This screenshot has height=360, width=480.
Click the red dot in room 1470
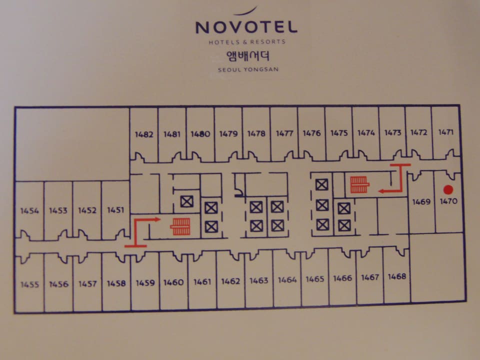point(448,189)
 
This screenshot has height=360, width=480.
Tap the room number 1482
point(144,134)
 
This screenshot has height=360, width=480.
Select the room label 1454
point(29,210)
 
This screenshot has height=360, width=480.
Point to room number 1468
point(397,276)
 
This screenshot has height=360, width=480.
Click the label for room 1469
point(421,202)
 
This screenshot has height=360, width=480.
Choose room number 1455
point(29,284)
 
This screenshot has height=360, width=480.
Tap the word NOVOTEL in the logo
point(246,27)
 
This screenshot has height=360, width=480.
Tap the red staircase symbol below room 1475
point(359,184)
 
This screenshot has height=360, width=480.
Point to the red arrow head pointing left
point(381,190)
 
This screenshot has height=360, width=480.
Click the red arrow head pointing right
point(157,219)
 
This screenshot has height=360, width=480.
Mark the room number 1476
point(311,133)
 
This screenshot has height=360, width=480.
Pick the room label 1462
point(230,281)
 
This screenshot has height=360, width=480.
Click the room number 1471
point(445,132)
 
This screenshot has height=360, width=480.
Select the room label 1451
point(115,210)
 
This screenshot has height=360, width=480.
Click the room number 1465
point(315,279)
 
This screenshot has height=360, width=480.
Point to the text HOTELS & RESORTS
point(247,42)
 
